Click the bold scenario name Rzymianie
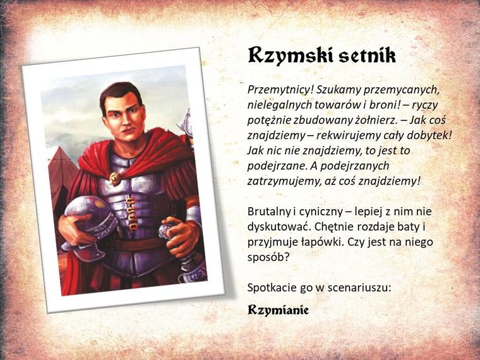[278, 310]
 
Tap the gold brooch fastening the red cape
[115, 177]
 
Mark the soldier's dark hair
[120, 92]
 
